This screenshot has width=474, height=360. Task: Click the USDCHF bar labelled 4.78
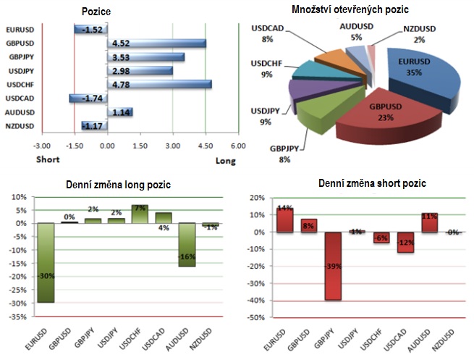[158, 84]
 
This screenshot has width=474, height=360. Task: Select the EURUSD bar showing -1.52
[90, 30]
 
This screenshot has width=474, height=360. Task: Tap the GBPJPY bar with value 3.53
[145, 57]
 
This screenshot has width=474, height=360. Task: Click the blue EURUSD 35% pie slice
[423, 76]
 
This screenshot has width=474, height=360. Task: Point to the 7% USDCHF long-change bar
[139, 214]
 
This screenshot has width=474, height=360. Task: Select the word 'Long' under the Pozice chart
[226, 161]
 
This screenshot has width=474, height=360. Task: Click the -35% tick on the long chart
[19, 317]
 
